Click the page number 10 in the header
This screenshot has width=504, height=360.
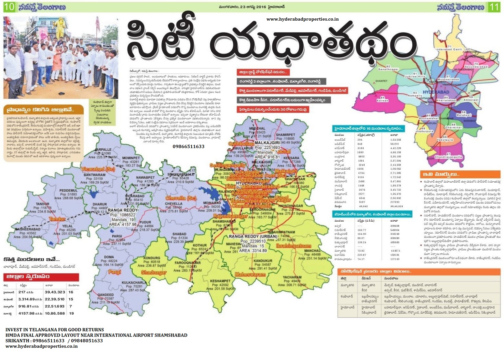click(x=9, y=7)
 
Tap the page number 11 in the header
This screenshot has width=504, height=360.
click(x=494, y=7)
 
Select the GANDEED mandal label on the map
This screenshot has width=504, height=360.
click(x=106, y=295)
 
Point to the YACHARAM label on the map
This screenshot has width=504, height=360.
click(x=292, y=277)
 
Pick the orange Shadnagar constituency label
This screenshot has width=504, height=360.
click(x=154, y=273)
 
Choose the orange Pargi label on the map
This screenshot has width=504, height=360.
click(x=115, y=272)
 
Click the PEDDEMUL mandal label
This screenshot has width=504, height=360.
click(x=68, y=191)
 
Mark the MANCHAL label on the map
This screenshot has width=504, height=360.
click(x=312, y=251)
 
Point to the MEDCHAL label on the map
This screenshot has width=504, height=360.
click(x=257, y=128)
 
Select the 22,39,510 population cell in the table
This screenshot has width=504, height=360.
click(x=55, y=299)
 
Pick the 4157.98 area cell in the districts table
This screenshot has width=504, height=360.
click(x=26, y=313)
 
